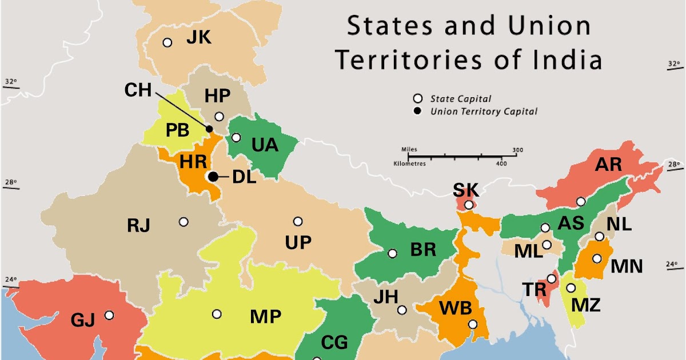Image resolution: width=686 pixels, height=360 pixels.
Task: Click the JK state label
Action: click(198, 38)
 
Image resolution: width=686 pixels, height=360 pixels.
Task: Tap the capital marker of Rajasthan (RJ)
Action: click(184, 222)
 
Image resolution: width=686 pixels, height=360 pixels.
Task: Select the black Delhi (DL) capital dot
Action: click(213, 177)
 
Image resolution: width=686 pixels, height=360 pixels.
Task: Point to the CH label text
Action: click(138, 90)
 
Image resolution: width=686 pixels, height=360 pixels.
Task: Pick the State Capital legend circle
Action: click(418, 98)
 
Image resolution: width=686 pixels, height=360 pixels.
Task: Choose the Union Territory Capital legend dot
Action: click(418, 111)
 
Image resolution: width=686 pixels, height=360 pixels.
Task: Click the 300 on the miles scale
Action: click(518, 150)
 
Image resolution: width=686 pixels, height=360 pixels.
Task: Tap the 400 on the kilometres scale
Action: click(501, 163)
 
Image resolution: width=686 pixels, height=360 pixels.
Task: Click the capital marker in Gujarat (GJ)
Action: click(109, 315)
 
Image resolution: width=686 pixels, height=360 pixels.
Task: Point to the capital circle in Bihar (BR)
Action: click(392, 253)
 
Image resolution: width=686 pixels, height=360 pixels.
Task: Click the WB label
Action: click(455, 309)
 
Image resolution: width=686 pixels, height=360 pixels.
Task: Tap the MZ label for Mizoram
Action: click(586, 305)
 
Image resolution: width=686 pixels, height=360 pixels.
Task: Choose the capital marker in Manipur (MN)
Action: click(597, 258)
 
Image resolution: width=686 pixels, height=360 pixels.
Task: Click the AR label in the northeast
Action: click(608, 165)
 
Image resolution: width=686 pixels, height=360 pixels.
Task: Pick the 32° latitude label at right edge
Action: click(675, 63)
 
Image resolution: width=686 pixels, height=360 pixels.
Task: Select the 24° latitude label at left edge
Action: click(11, 280)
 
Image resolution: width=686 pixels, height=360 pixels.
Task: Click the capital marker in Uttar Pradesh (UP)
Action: click(298, 222)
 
